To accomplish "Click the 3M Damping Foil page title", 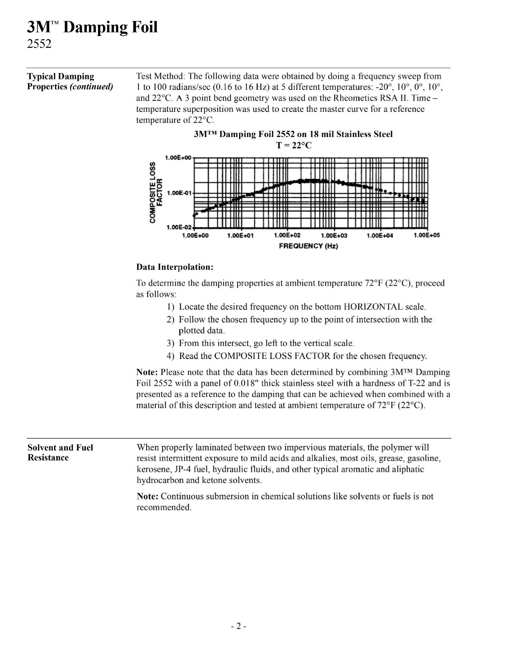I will click(92, 27).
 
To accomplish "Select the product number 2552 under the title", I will click(39, 44).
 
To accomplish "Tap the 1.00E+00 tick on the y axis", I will click(178, 158).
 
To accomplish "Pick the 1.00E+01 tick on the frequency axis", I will click(240, 236).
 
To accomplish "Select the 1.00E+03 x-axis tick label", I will click(334, 236).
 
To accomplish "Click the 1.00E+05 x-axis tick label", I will click(427, 235).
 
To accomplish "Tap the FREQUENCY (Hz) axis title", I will click(308, 246).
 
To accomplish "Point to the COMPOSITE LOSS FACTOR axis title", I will click(156, 193).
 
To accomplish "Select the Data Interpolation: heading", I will click(175, 267).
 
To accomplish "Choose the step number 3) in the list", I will click(170, 344).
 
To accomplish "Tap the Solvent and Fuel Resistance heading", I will click(60, 453).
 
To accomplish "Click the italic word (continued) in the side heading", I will click(91, 87).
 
